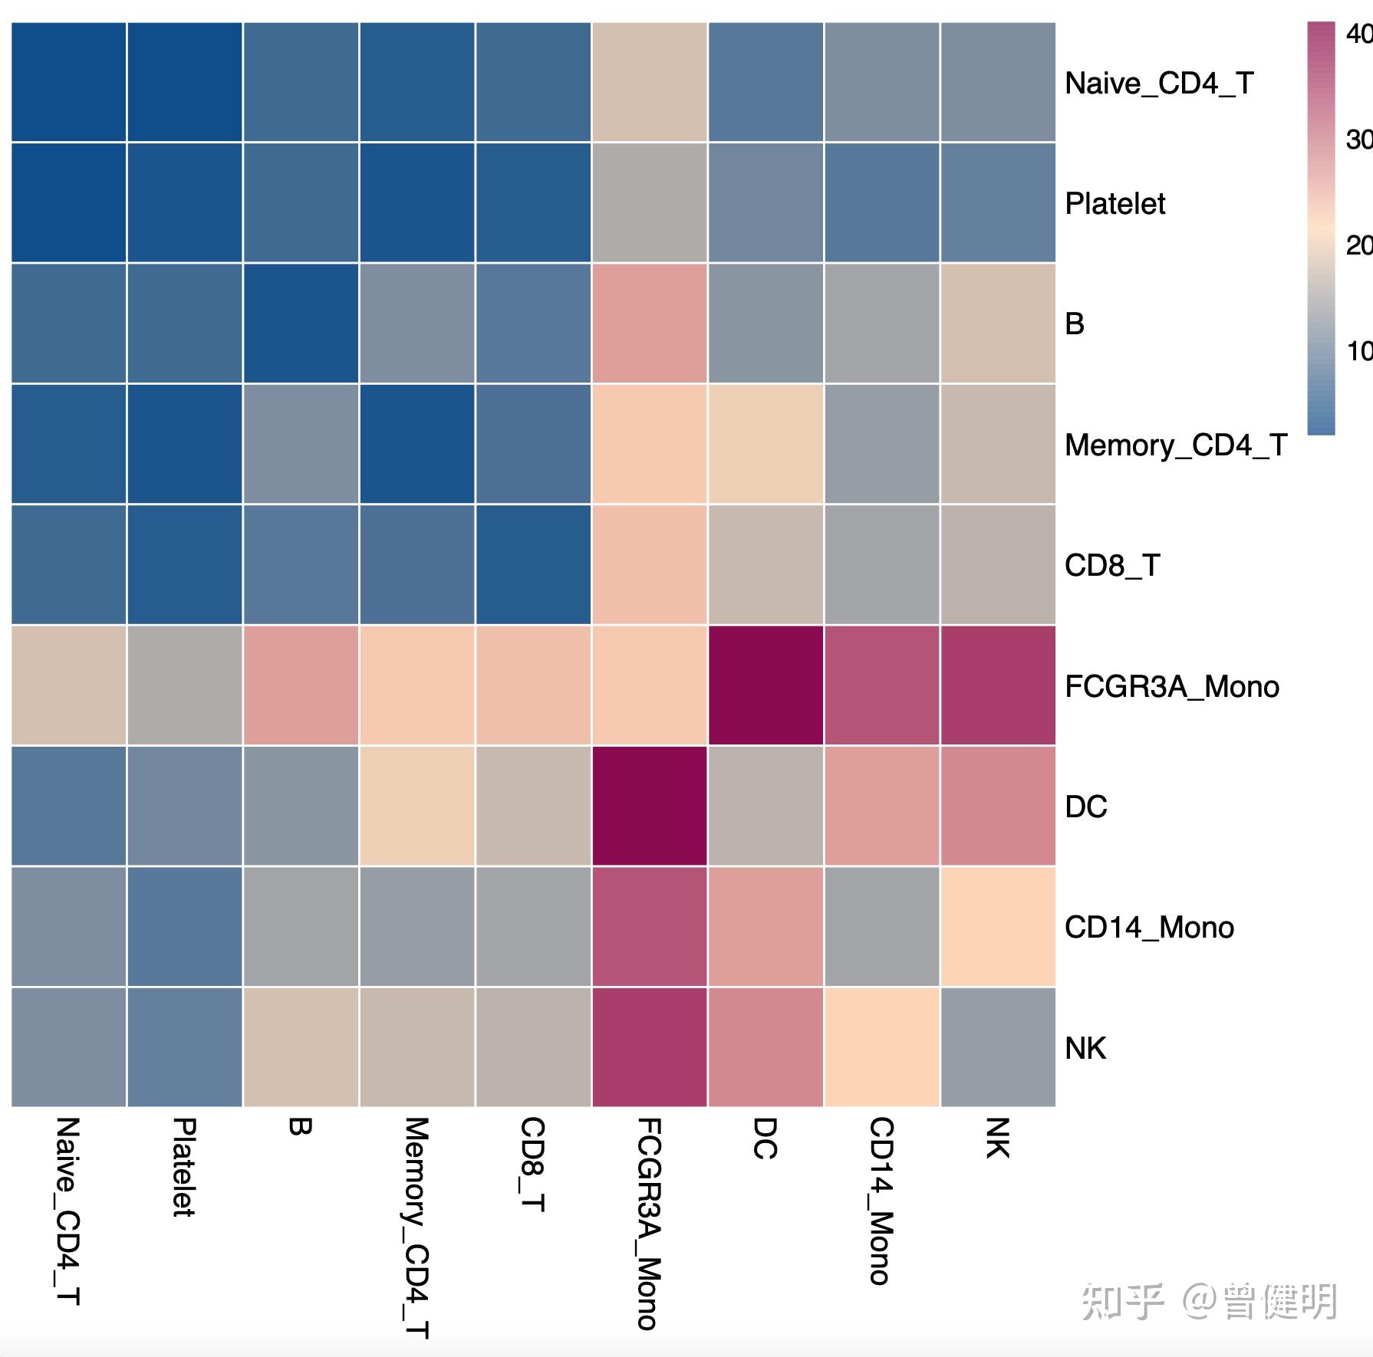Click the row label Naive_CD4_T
[x=1158, y=83]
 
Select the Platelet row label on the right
[x=1115, y=204]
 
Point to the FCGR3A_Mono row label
[x=1171, y=686]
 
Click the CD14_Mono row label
[x=1148, y=928]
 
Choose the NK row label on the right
[x=1085, y=1048]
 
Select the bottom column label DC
[x=765, y=1138]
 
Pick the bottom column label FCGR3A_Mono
[x=648, y=1224]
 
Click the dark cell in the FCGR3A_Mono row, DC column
[x=766, y=685]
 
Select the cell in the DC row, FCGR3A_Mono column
[x=649, y=806]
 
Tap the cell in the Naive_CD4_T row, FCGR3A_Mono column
[x=649, y=82]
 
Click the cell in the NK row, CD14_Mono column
[x=881, y=1047]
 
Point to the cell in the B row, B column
[x=301, y=324]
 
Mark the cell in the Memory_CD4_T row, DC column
[x=766, y=444]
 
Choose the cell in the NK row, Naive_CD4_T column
[x=68, y=1047]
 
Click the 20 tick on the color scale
[x=1358, y=245]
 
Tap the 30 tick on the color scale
[x=1358, y=140]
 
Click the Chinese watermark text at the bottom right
[x=1209, y=1301]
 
